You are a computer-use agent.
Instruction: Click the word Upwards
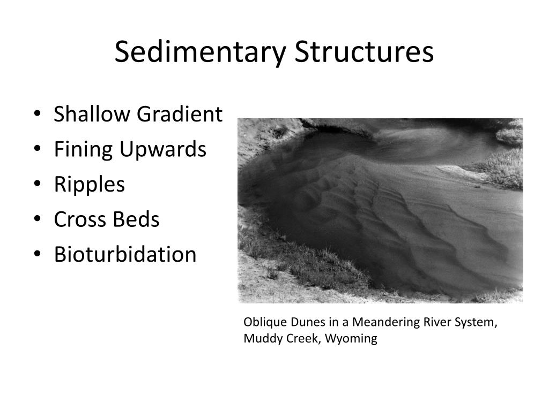click(x=162, y=149)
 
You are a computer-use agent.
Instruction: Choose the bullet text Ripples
click(x=89, y=185)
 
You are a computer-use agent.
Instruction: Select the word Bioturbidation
click(x=125, y=254)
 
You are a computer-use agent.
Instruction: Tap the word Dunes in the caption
click(x=302, y=322)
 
